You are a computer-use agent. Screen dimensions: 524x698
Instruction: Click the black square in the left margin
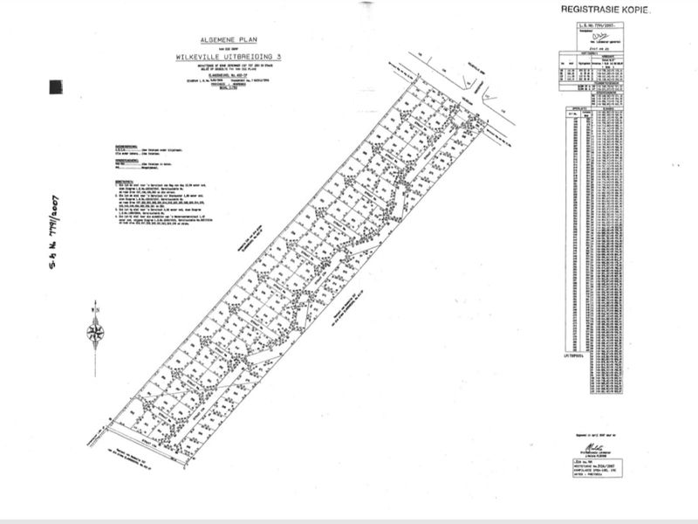[56, 86]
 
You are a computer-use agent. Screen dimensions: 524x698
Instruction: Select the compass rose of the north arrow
[96, 332]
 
